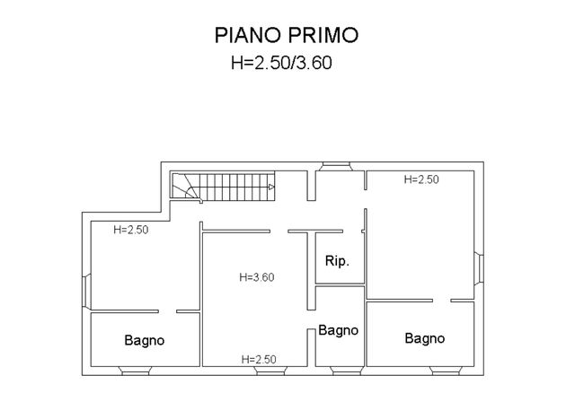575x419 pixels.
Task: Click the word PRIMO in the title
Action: (x=323, y=35)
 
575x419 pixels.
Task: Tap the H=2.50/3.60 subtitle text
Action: (x=281, y=62)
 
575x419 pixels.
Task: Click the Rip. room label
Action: (x=337, y=261)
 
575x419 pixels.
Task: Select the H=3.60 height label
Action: (x=257, y=277)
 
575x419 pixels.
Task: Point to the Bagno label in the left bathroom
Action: (x=144, y=340)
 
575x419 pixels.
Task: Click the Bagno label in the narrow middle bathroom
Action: (x=338, y=330)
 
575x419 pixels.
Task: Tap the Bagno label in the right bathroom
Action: (x=425, y=338)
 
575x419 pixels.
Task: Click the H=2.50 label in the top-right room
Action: (x=421, y=179)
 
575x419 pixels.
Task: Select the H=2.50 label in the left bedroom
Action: (x=131, y=230)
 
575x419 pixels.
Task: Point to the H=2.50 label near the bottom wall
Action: (x=259, y=359)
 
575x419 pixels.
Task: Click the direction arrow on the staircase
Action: (x=271, y=188)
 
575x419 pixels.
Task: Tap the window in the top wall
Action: (x=335, y=167)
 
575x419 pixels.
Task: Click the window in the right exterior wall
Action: (x=479, y=268)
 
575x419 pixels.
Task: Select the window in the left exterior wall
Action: (x=86, y=292)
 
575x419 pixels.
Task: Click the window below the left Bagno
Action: (x=136, y=371)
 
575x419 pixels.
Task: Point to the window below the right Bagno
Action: (x=446, y=371)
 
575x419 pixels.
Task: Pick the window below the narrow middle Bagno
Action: (x=346, y=371)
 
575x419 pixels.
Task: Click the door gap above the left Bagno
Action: (x=168, y=311)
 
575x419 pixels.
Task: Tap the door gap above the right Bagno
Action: (x=441, y=301)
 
